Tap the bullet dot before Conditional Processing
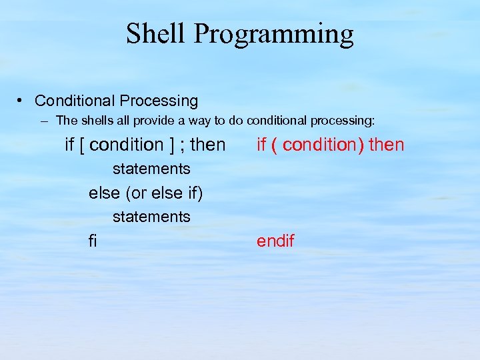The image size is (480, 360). click(21, 101)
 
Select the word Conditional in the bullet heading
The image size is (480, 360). click(75, 101)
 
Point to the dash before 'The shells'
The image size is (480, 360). click(44, 121)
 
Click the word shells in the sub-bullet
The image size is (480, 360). click(99, 121)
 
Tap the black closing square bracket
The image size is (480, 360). click(171, 145)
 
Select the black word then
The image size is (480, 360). click(208, 145)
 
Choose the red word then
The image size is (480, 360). click(386, 145)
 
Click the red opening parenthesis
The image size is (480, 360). click(274, 145)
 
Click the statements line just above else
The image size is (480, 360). click(151, 169)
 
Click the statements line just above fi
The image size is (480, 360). click(151, 217)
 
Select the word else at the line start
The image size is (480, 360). click(104, 193)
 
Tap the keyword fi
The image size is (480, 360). click(93, 241)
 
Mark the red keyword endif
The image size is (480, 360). click(275, 241)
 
